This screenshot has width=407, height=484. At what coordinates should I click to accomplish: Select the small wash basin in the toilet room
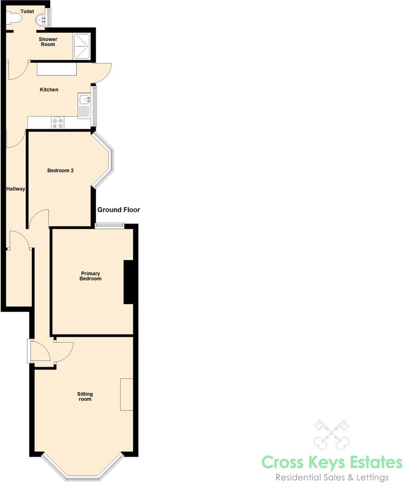(41, 19)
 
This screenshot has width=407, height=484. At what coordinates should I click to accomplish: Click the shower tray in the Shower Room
(82, 46)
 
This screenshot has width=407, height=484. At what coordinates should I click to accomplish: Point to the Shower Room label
(47, 42)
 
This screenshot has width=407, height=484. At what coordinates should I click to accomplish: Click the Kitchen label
(49, 90)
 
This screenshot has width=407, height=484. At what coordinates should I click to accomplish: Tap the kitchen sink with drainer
(84, 106)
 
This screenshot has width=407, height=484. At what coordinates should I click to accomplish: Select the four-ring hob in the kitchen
(58, 123)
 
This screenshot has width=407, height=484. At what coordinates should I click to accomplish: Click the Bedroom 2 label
(61, 171)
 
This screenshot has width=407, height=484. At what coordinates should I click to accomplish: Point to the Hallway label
(15, 189)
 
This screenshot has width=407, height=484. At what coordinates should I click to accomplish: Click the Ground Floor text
(119, 210)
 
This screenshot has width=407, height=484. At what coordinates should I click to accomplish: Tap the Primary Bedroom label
(90, 276)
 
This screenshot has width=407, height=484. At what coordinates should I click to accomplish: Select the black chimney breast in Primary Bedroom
(128, 282)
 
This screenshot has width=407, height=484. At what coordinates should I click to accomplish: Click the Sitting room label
(85, 396)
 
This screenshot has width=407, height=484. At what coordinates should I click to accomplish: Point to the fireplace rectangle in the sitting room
(126, 394)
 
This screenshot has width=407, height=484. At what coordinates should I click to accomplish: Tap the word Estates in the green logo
(367, 462)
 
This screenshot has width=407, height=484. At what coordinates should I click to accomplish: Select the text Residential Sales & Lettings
(332, 477)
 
